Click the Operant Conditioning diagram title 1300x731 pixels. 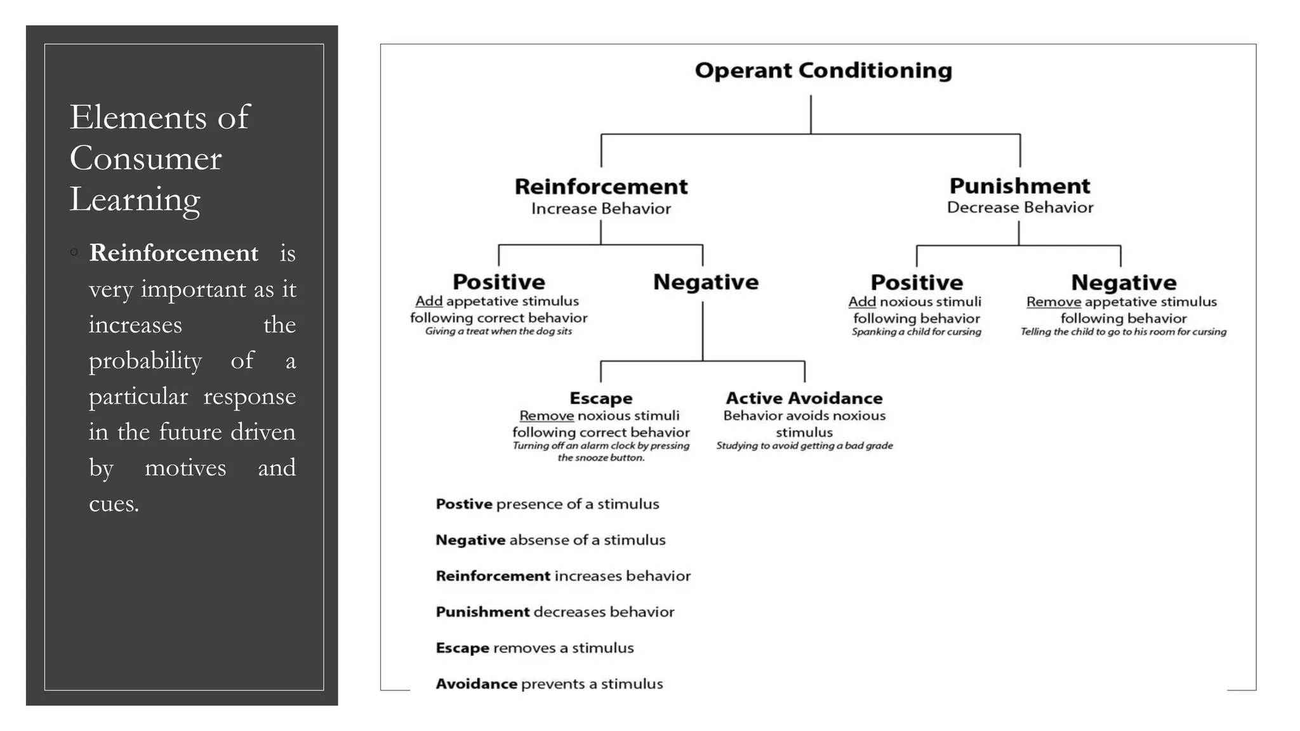tap(823, 70)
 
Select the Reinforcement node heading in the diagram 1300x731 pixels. tap(600, 187)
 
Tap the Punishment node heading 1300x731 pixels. tap(1019, 186)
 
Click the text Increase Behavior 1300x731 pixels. tap(600, 209)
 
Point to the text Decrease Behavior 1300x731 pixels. tap(1019, 207)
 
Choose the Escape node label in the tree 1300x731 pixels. tap(600, 398)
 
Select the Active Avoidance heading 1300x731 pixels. tap(804, 398)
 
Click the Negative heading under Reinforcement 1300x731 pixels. tap(705, 282)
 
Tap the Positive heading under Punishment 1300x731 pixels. tap(916, 282)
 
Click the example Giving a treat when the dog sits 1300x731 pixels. tap(498, 331)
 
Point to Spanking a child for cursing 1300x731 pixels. tap(916, 332)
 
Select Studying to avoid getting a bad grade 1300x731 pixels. tap(804, 446)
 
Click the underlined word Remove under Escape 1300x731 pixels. tap(546, 416)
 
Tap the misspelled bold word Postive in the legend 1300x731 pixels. tap(463, 504)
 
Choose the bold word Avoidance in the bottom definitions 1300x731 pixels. tap(476, 684)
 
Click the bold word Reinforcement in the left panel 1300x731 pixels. tap(173, 253)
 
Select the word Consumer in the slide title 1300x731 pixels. tap(145, 158)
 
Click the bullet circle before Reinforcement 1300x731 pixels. tap(74, 253)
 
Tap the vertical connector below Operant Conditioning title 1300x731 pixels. tap(811, 114)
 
